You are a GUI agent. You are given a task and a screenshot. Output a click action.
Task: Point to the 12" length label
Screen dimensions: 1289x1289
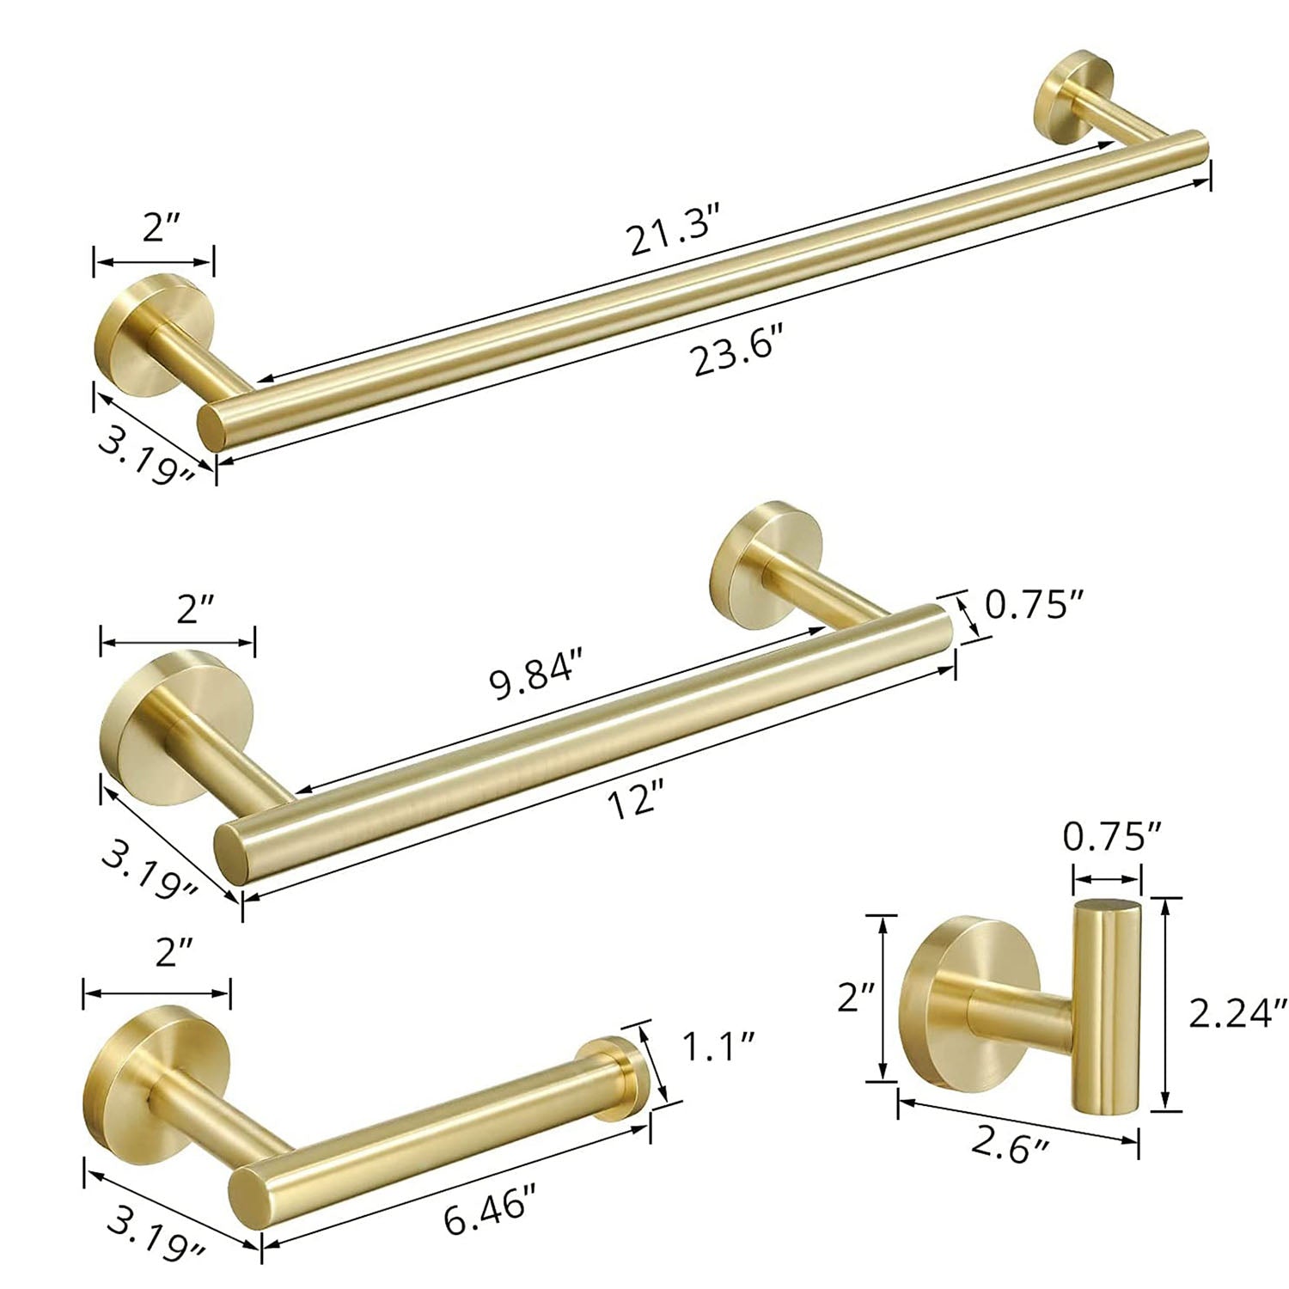pos(638,803)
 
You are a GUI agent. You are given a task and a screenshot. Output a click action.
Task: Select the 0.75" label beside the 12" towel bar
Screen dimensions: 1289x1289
pos(1029,607)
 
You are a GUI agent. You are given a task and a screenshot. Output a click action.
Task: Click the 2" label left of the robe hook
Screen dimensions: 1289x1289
pos(856,998)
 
